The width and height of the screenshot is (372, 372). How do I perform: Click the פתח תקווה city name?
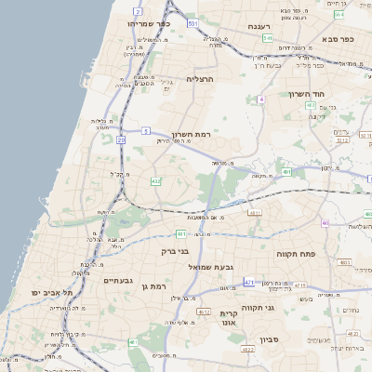tap(298, 253)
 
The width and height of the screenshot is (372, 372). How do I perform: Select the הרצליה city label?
tap(200, 79)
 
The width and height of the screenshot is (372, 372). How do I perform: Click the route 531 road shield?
tap(192, 21)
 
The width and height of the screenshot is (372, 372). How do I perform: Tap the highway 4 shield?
tap(262, 98)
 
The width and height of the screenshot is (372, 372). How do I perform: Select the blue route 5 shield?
tap(146, 131)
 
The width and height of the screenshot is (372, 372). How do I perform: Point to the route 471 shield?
tap(249, 282)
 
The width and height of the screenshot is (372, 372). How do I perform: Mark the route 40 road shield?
tap(325, 223)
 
